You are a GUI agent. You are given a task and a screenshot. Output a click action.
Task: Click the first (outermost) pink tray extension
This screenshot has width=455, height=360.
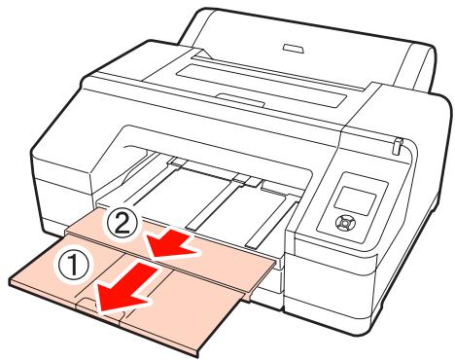pos(146,282)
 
